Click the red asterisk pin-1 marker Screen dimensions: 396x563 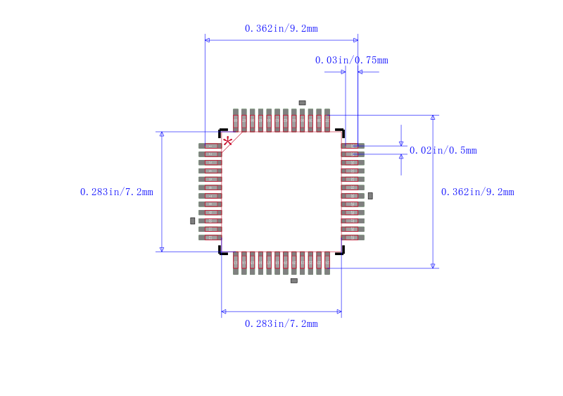point(227,142)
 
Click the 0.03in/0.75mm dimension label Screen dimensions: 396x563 point(351,60)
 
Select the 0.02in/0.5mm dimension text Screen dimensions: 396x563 point(443,150)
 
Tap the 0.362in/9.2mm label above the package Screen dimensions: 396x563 point(281,28)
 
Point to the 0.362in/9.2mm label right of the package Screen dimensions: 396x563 point(477,192)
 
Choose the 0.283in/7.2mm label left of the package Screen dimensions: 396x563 point(117,192)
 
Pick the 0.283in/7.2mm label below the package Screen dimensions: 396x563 point(281,323)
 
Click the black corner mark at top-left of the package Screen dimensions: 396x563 point(222,132)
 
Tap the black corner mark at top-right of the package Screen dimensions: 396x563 point(341,132)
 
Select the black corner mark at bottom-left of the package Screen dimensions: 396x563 point(222,251)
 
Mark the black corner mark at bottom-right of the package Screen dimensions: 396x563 point(341,251)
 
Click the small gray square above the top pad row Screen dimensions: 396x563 point(302,103)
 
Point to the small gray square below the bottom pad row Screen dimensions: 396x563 point(293,280)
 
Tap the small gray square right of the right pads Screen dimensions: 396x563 point(370,195)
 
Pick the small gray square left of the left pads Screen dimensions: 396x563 point(192,221)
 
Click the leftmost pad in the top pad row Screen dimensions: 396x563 point(236,120)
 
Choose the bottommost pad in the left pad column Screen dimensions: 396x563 point(210,237)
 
